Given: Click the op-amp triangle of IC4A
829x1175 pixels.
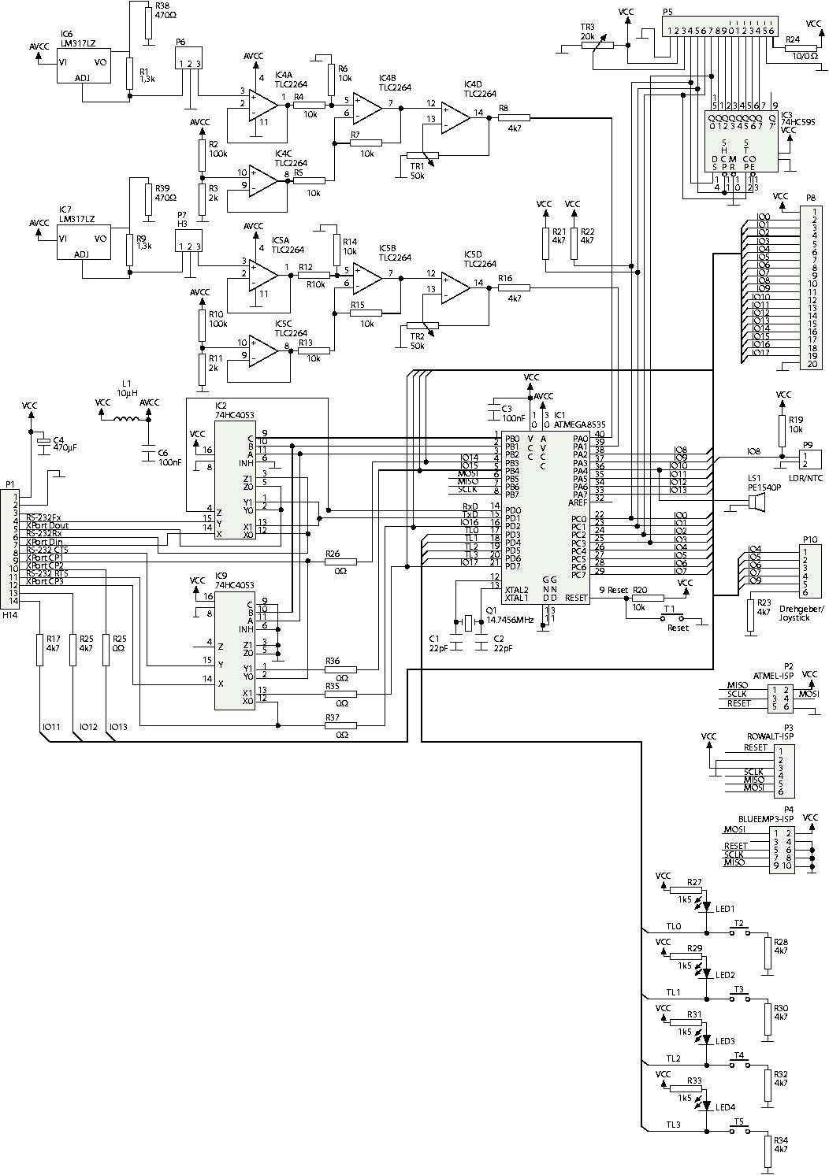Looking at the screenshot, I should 262,103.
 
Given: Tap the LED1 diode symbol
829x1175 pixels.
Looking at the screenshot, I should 707,907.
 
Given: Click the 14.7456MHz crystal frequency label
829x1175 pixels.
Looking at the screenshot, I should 510,620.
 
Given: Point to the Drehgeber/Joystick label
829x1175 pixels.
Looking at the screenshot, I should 801,613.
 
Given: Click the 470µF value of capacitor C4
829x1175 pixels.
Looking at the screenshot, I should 64,447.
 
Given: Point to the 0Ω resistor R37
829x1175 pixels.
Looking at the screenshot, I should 340,725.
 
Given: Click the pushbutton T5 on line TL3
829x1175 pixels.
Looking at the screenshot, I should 738,1131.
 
